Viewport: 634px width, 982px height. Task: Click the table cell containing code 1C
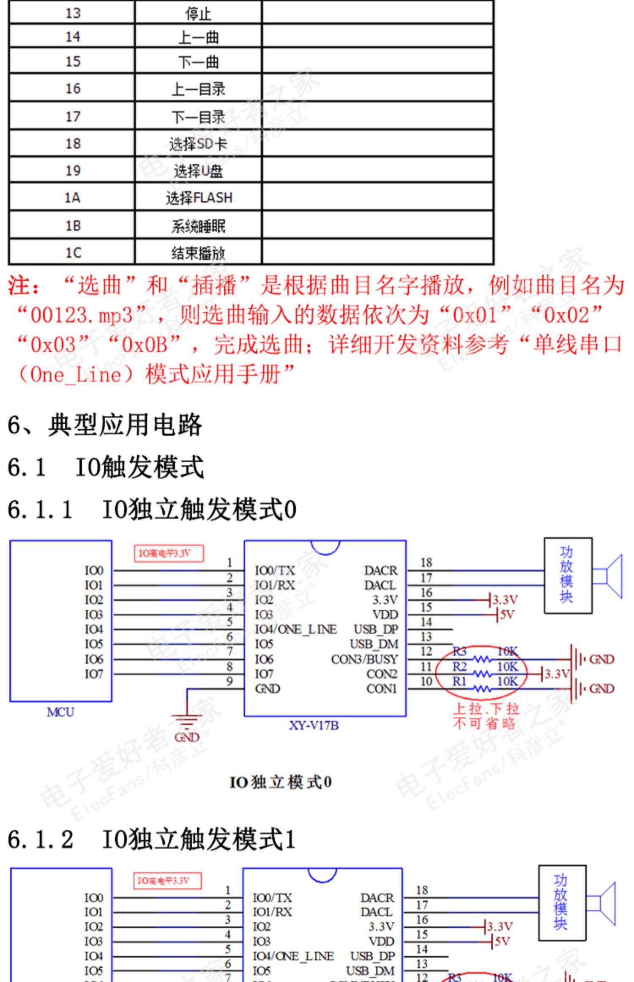[73, 252]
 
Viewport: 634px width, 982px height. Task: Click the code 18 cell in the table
[73, 143]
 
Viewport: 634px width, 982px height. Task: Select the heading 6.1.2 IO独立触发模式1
[151, 839]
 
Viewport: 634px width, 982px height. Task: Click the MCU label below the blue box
[60, 712]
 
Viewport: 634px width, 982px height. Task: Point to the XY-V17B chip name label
[314, 725]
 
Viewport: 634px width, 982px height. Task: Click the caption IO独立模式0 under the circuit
[280, 782]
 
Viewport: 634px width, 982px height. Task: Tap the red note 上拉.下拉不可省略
[486, 716]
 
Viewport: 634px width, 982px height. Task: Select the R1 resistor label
[459, 681]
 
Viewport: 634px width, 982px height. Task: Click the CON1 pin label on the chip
[382, 688]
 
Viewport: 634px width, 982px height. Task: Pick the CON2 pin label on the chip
[382, 674]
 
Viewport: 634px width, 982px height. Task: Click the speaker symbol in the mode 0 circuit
[609, 576]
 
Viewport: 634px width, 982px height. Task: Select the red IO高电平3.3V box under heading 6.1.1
[169, 553]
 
